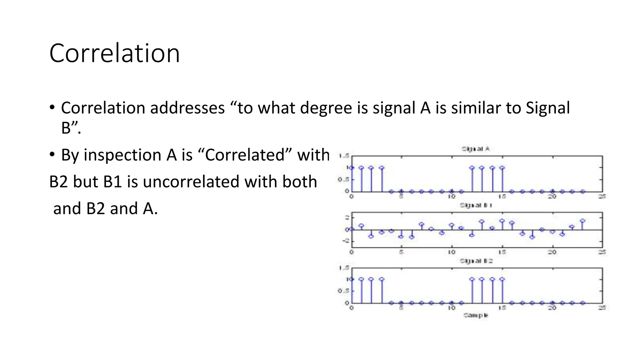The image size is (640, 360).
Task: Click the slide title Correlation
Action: (x=114, y=53)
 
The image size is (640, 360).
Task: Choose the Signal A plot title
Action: (x=475, y=149)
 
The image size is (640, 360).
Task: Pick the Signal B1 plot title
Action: (x=476, y=205)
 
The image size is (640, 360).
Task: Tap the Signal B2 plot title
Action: (x=476, y=261)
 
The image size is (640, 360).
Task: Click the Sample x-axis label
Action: (x=475, y=315)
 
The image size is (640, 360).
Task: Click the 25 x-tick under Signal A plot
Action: (x=602, y=197)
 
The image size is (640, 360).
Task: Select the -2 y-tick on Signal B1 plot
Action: (x=345, y=241)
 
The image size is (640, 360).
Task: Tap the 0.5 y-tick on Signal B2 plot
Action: (x=343, y=291)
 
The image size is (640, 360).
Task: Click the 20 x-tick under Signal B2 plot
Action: (x=552, y=308)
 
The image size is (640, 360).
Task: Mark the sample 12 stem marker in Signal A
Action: (x=472, y=168)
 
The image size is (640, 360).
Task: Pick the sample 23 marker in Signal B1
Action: (x=582, y=221)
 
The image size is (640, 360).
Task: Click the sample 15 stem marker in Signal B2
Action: (x=502, y=279)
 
